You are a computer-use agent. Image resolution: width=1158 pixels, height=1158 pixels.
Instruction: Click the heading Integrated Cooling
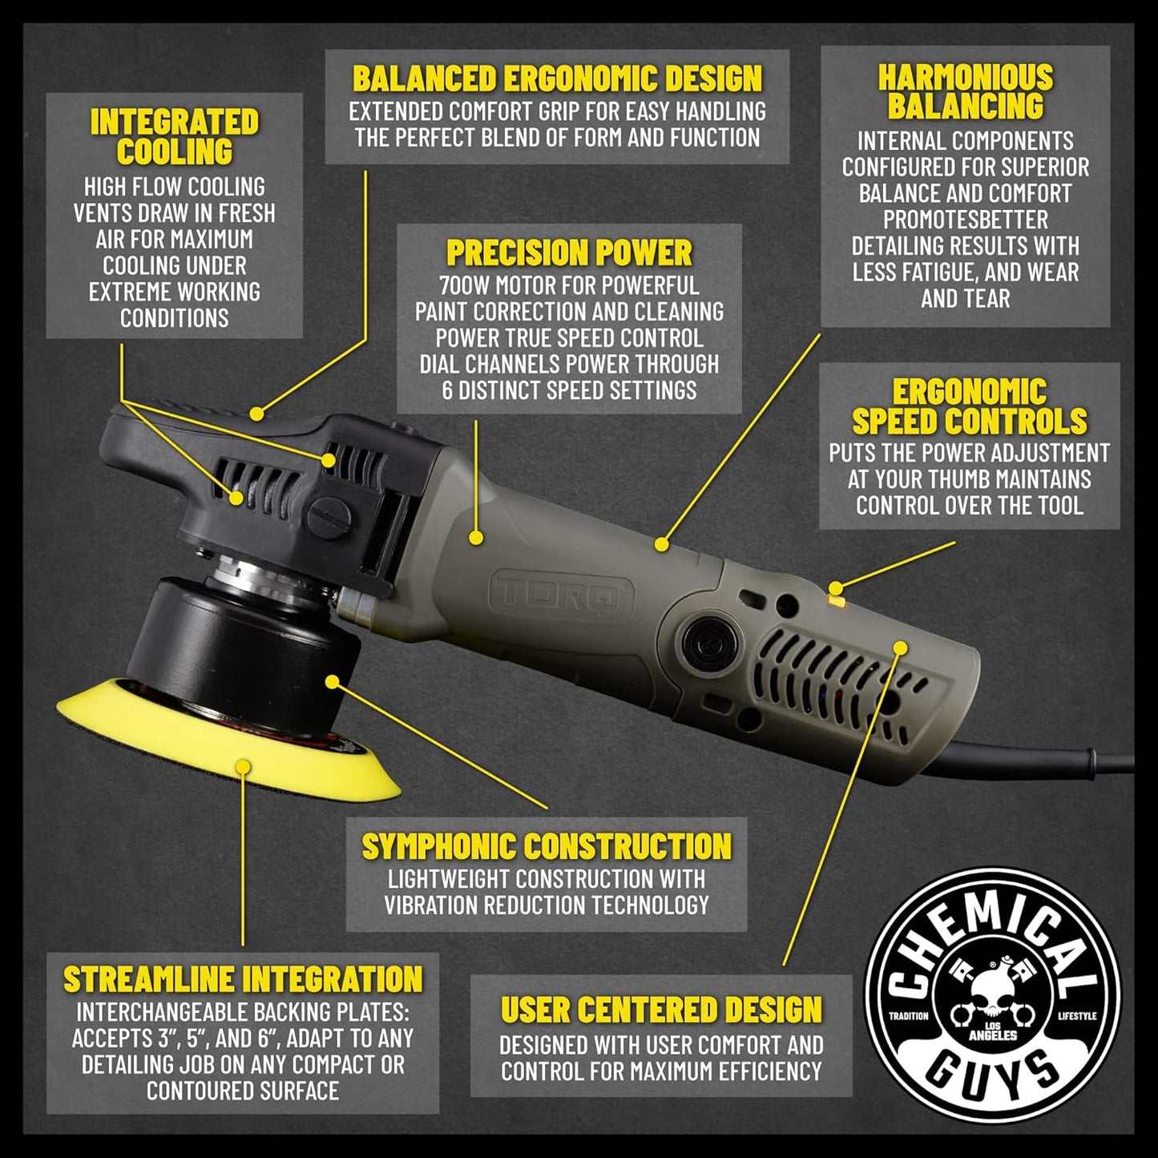[x=174, y=137]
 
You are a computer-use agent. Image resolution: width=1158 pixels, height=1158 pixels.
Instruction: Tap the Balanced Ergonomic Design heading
[x=557, y=79]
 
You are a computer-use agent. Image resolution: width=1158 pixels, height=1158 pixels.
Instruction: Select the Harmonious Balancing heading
[x=965, y=91]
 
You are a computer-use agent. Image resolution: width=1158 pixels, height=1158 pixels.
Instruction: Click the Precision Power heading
[x=569, y=253]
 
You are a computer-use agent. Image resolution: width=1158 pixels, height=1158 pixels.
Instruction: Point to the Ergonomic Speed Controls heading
[x=969, y=406]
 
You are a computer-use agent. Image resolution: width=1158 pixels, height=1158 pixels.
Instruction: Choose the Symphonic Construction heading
[x=547, y=847]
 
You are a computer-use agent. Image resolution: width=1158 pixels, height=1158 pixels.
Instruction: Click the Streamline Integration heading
[x=243, y=979]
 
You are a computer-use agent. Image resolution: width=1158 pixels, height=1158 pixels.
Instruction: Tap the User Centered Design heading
[x=661, y=1010]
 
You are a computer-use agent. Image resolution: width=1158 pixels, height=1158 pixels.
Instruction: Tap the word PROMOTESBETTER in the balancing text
[x=965, y=220]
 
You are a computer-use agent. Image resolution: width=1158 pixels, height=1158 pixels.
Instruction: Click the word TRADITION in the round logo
[x=909, y=1016]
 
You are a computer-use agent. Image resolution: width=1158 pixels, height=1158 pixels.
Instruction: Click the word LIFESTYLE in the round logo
[x=1076, y=1016]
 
